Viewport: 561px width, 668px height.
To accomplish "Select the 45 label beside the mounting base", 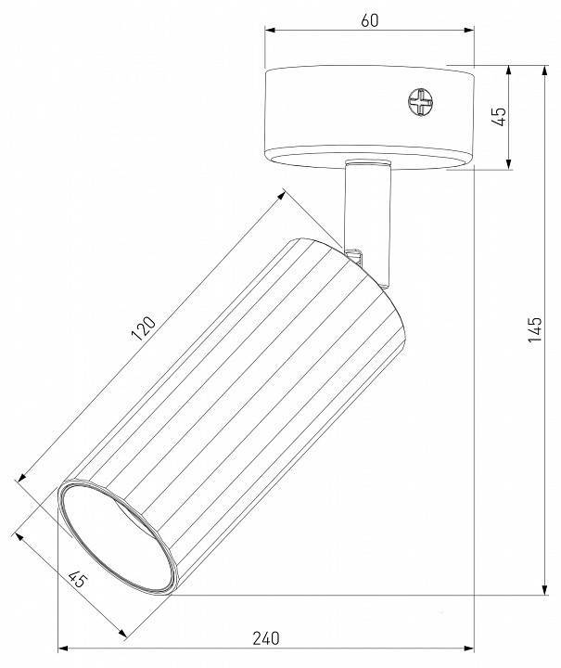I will coord(498,117).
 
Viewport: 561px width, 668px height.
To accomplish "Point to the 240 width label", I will coord(265,637).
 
